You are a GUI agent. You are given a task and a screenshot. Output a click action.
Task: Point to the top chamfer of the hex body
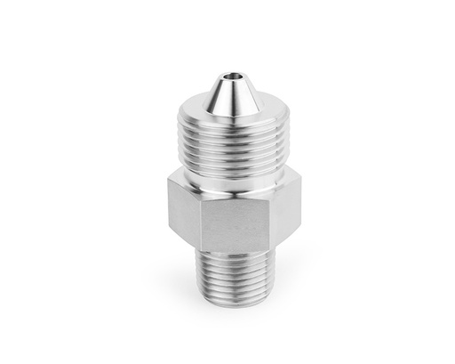pos(213,181)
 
